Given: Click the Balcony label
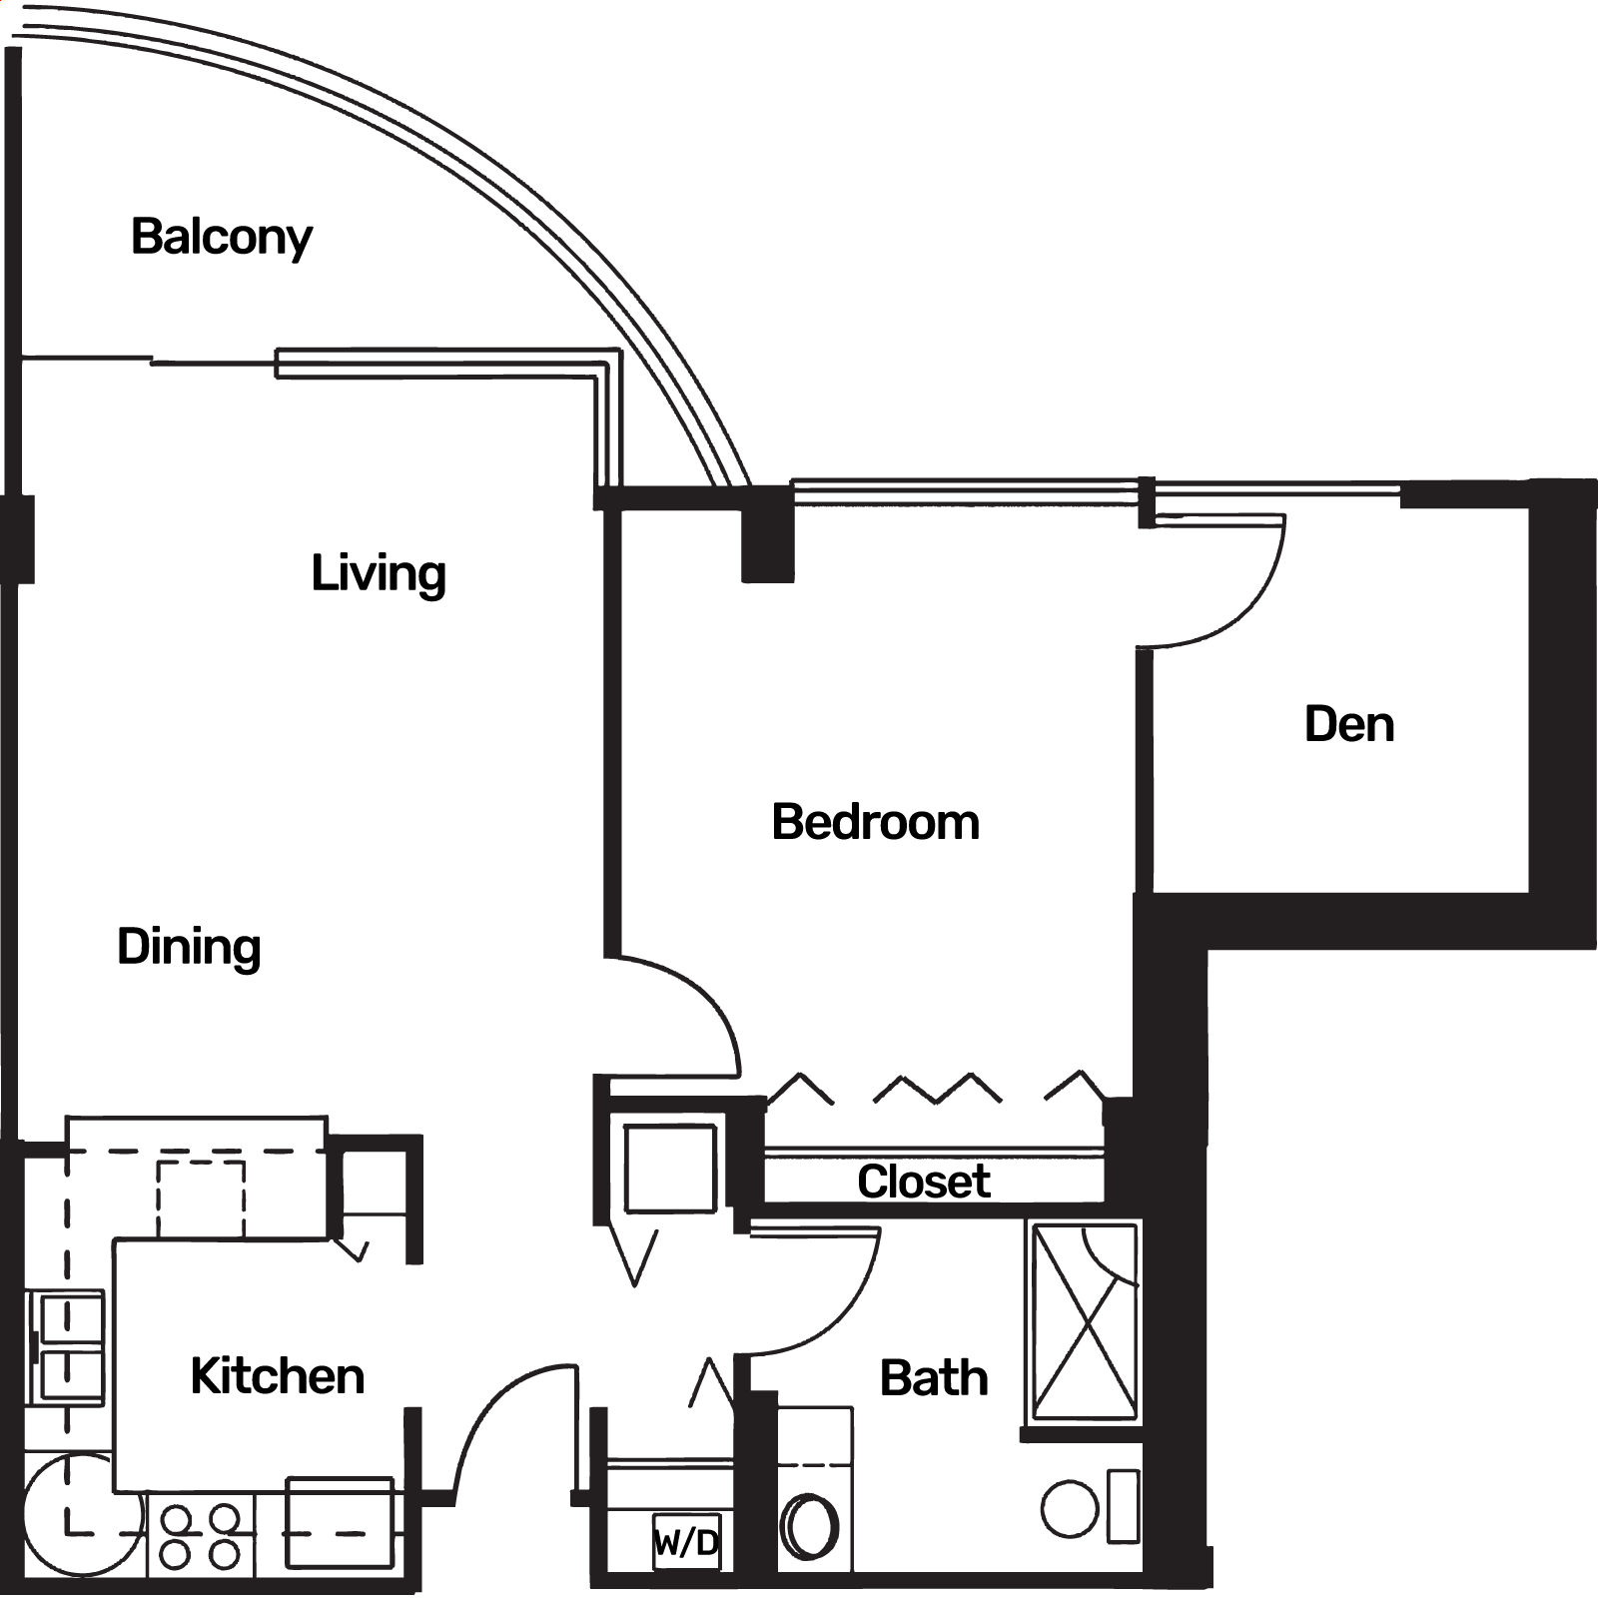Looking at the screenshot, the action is pyautogui.click(x=222, y=238).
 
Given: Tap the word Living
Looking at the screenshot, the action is pyautogui.click(x=379, y=574).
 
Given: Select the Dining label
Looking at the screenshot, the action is pyautogui.click(x=189, y=947).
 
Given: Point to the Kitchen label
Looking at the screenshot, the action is pyautogui.click(x=277, y=1376).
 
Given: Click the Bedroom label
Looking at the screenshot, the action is pyautogui.click(x=876, y=822).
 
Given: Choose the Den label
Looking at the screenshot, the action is pyautogui.click(x=1349, y=724).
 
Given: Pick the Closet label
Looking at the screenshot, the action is pyautogui.click(x=924, y=1182).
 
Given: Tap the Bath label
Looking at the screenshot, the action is pyautogui.click(x=934, y=1378).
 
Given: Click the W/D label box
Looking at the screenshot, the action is pyautogui.click(x=686, y=1543).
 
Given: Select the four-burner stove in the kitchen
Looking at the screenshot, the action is pyautogui.click(x=201, y=1535).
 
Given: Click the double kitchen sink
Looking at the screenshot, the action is pyautogui.click(x=70, y=1348).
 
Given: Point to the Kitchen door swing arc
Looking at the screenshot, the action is pyautogui.click(x=489, y=1398).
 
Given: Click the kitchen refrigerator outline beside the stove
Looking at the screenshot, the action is pyautogui.click(x=340, y=1523).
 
